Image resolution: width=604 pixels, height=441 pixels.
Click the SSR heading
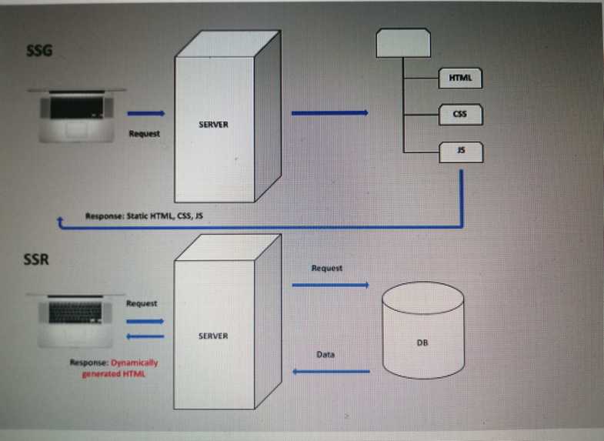click(x=36, y=259)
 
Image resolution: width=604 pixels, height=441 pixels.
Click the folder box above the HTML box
click(x=402, y=43)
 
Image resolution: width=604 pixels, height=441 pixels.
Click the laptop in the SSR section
click(x=75, y=316)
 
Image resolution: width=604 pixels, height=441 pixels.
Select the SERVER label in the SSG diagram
click(x=213, y=124)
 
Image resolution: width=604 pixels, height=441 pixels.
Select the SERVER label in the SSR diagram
click(x=213, y=336)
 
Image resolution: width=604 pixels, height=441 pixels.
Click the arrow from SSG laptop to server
click(x=145, y=112)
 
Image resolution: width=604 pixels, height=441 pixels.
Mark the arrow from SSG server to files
click(x=329, y=113)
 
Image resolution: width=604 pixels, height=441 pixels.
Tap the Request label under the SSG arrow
click(x=145, y=134)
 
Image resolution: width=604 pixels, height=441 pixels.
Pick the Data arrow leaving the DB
click(x=331, y=372)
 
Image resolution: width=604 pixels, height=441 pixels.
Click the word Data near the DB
click(x=325, y=355)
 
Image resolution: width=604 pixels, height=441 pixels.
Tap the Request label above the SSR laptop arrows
click(x=142, y=304)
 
